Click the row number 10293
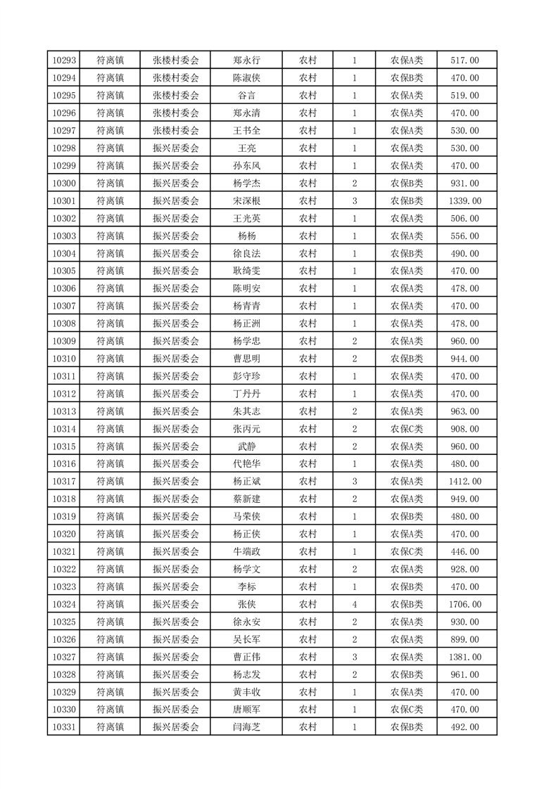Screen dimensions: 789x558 click(x=64, y=60)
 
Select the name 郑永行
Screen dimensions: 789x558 click(x=246, y=60)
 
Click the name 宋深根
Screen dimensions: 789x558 click(x=246, y=201)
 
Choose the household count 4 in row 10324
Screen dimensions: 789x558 click(x=354, y=604)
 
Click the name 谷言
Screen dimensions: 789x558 click(x=246, y=96)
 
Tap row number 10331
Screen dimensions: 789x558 click(x=64, y=727)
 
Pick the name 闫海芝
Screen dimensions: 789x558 click(x=246, y=727)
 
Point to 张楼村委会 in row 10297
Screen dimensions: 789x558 click(x=176, y=131)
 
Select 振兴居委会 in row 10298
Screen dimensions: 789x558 click(x=176, y=148)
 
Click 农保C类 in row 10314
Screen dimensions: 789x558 click(x=407, y=429)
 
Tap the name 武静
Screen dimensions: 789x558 click(x=246, y=447)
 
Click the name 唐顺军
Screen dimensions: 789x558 click(x=246, y=710)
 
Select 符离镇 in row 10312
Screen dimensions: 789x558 click(x=110, y=394)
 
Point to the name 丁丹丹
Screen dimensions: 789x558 click(x=246, y=394)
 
